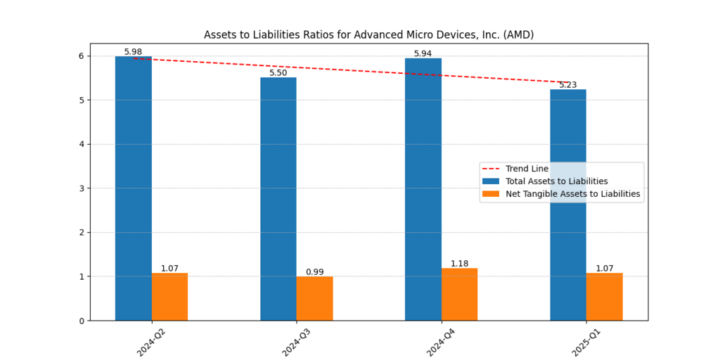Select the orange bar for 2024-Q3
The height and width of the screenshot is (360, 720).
point(314,298)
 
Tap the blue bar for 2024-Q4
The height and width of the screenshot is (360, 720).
point(423,189)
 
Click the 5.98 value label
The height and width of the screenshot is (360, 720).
point(133,52)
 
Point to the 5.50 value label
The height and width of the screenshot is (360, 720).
point(278,73)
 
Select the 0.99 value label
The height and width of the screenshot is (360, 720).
point(314,272)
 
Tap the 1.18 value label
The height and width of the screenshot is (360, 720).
point(459,264)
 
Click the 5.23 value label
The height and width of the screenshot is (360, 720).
point(567,85)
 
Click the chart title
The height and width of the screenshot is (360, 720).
point(368,34)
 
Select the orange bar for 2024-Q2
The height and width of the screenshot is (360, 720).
point(169,297)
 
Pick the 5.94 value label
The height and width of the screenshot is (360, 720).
point(423,53)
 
